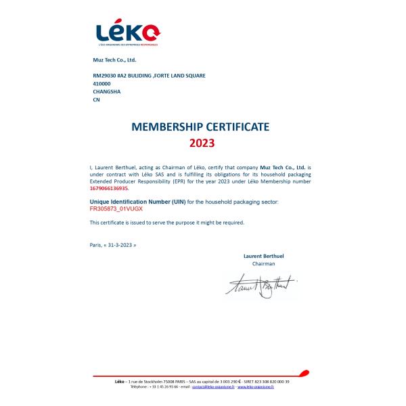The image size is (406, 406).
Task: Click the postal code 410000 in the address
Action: pyautogui.click(x=101, y=83)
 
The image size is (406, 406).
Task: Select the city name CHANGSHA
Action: pyautogui.click(x=106, y=91)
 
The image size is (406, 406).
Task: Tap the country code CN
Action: pyautogui.click(x=95, y=99)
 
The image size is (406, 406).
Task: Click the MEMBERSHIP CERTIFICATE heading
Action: pyautogui.click(x=200, y=127)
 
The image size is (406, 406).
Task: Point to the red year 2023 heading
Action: pyautogui.click(x=201, y=143)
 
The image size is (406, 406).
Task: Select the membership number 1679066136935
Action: pyautogui.click(x=108, y=189)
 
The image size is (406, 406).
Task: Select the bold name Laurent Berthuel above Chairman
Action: pyautogui.click(x=263, y=256)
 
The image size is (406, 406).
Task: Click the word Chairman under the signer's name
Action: pyautogui.click(x=263, y=264)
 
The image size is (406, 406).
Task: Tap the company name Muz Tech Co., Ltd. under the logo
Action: pyautogui.click(x=114, y=60)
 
